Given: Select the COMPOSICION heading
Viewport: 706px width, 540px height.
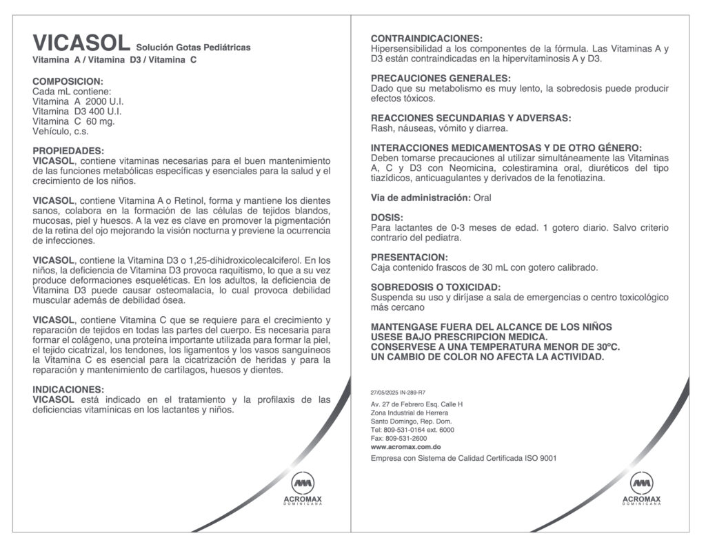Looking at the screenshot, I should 68,81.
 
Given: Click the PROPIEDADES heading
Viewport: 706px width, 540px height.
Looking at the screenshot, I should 68,151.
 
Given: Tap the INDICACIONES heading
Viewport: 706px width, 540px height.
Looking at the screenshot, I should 68,390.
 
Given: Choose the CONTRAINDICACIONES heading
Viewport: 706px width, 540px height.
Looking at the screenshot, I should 427,39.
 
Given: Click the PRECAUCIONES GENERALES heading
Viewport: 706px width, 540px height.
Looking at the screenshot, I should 441,79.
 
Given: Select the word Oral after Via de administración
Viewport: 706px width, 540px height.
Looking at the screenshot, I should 483,198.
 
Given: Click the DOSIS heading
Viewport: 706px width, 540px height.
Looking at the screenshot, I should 387,218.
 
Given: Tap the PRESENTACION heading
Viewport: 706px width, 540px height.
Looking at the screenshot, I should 409,258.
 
